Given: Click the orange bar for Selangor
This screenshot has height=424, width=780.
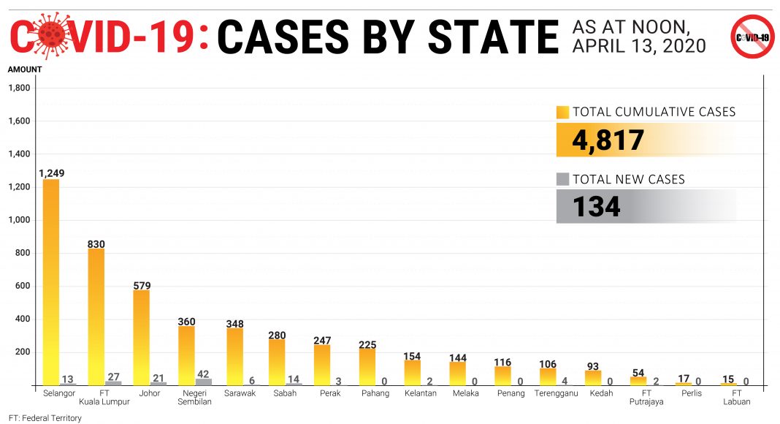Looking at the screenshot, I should (x=51, y=281).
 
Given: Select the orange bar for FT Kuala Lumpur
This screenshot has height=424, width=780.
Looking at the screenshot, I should (x=96, y=316).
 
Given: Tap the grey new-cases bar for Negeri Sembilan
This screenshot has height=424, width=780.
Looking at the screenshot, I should (x=204, y=382).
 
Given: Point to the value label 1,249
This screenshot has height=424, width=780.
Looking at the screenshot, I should (x=51, y=173).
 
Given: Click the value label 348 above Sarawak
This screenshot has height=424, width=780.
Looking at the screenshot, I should (x=234, y=323).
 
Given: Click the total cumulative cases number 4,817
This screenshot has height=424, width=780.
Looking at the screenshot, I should (x=608, y=140).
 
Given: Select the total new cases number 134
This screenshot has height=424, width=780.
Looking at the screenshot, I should (x=596, y=206).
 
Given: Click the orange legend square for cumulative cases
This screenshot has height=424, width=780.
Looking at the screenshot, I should (x=562, y=112).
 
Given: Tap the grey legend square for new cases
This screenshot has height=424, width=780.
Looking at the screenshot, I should (x=562, y=179).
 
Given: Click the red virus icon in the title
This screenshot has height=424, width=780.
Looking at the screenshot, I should (x=53, y=34).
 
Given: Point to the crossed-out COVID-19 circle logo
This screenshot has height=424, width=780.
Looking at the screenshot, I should (x=752, y=36).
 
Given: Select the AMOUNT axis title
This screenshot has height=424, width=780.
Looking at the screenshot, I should (x=24, y=70).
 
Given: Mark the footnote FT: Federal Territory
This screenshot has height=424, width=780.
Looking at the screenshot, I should (x=45, y=418).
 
